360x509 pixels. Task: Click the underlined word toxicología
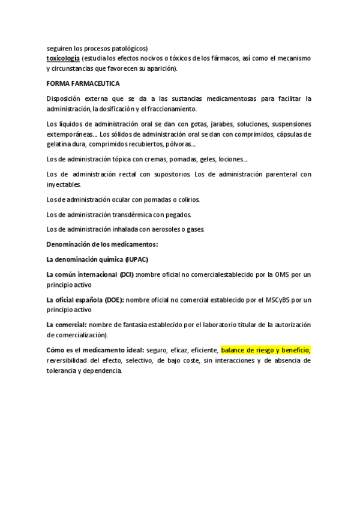coord(63,58)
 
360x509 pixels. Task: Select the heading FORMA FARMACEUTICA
coord(83,83)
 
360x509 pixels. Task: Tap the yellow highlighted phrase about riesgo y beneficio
coord(265,349)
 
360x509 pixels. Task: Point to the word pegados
coord(177,214)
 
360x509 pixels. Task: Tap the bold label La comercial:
coord(66,325)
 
